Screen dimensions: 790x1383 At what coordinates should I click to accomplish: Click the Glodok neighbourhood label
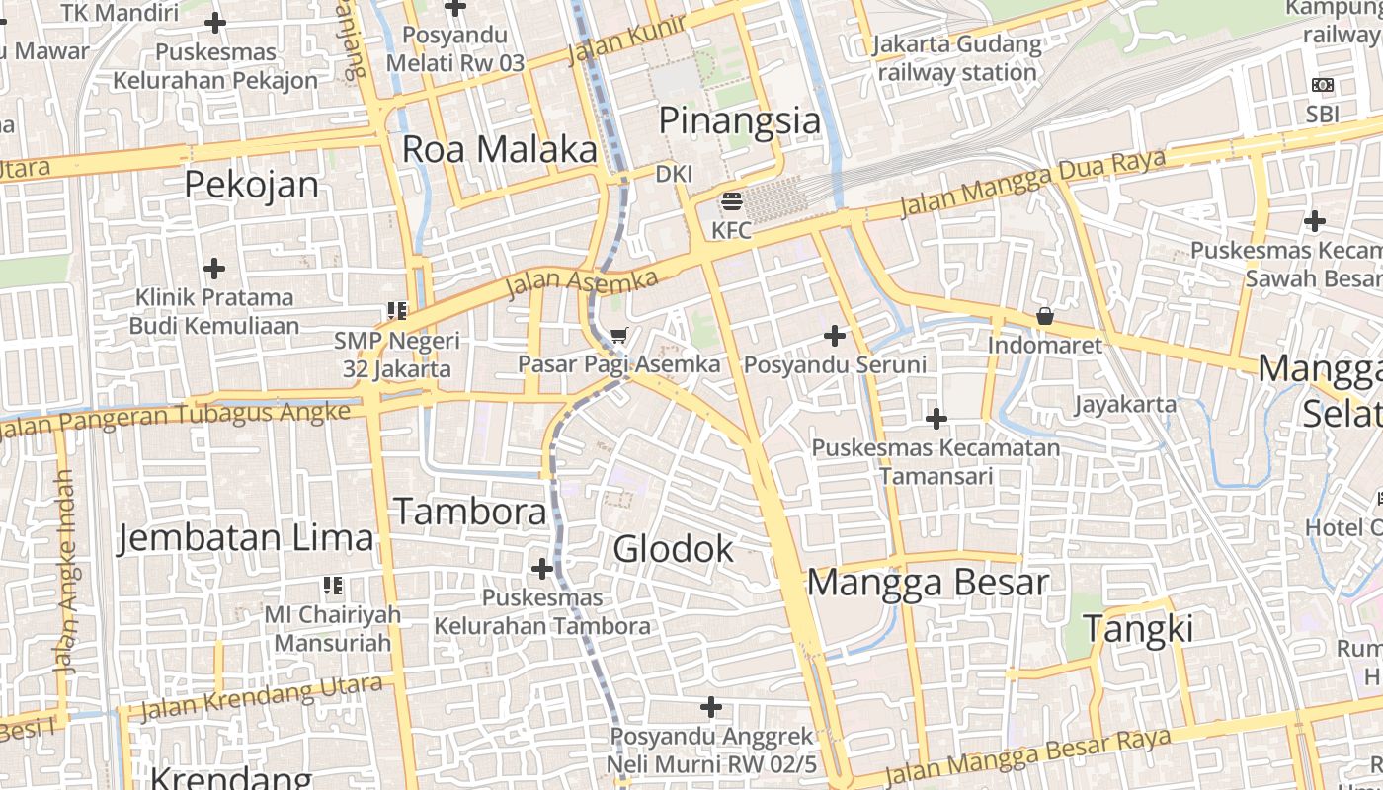[674, 549]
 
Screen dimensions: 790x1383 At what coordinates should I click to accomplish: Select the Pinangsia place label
[739, 121]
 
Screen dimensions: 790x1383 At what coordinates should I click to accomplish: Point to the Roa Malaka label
[499, 149]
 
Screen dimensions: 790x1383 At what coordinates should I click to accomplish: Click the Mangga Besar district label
[928, 582]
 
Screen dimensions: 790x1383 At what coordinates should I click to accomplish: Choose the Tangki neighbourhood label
[1138, 629]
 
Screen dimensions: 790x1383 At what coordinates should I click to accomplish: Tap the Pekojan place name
[252, 185]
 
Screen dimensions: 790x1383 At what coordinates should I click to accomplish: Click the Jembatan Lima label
[246, 538]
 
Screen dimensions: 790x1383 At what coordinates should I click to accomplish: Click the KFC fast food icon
[732, 202]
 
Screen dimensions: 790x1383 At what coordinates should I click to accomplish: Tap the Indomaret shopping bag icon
[1044, 317]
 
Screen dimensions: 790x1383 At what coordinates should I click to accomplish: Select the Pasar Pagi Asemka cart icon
[618, 336]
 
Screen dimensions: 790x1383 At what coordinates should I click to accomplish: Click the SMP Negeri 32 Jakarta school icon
[397, 311]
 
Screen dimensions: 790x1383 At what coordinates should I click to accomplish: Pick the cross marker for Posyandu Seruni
[835, 336]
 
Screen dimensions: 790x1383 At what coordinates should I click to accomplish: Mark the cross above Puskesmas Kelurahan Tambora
[542, 569]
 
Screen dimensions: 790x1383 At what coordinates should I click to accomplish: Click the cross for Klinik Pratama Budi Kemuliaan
[214, 268]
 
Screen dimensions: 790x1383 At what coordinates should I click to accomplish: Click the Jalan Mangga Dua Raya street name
[1032, 184]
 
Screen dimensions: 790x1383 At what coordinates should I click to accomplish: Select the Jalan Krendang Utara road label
[261, 698]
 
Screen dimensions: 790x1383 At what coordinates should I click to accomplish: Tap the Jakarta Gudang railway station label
[957, 58]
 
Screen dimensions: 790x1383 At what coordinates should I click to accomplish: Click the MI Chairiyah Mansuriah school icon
[333, 586]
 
